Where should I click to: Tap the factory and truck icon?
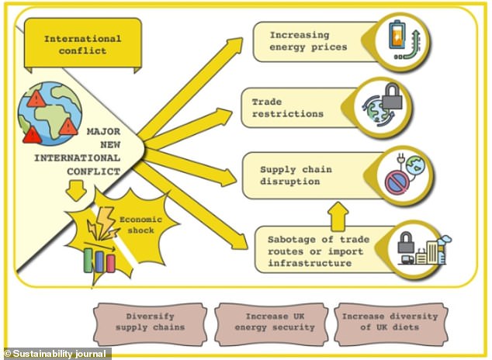422,247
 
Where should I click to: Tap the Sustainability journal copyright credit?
56,354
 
